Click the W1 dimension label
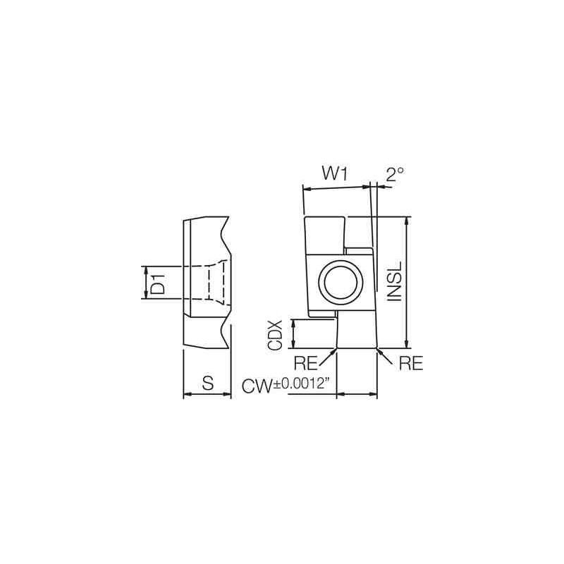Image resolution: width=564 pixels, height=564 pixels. point(334,173)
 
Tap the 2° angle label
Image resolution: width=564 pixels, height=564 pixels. point(395,174)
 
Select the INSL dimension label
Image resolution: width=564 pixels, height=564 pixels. point(394,281)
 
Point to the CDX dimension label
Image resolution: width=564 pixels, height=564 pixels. point(275,336)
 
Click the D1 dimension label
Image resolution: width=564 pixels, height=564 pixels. point(158,283)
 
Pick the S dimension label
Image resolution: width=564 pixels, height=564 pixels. point(208,383)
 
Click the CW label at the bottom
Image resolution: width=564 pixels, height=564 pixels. point(257,386)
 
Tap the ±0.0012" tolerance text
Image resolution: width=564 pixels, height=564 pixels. point(302,384)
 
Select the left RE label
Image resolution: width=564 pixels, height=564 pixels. point(306,363)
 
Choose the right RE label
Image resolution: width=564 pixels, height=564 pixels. point(411,363)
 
